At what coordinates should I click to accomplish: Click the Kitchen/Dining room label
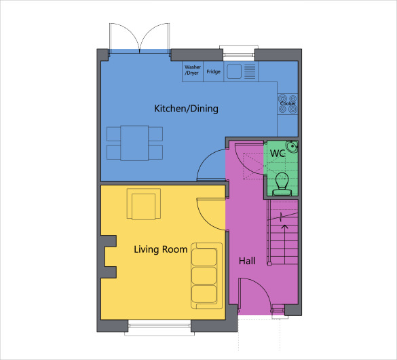[x=186, y=109]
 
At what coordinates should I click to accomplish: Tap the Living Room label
[x=160, y=249]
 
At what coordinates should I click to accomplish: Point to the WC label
[x=277, y=154]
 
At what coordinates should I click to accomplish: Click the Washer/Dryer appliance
[x=193, y=71]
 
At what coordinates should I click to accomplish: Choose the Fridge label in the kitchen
[x=213, y=71]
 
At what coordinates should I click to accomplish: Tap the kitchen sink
[x=235, y=71]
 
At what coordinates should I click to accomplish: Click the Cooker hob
[x=287, y=103]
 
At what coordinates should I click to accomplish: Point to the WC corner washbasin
[x=291, y=146]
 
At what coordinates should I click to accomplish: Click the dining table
[x=135, y=143]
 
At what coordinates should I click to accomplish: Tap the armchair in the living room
[x=143, y=205]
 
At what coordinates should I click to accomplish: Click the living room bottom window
[x=159, y=327]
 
